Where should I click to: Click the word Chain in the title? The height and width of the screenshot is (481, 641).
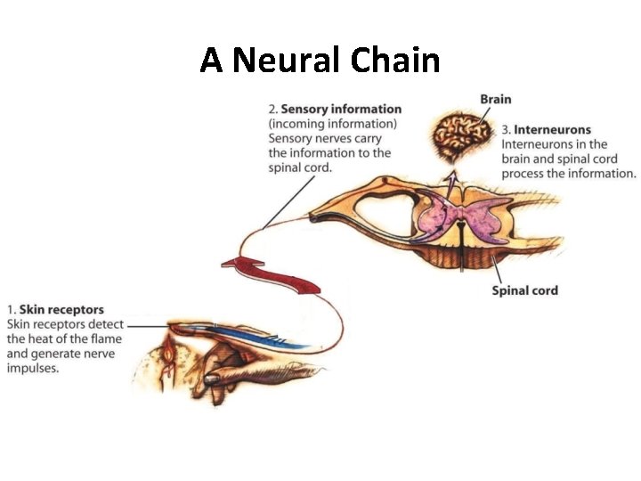[x=395, y=61]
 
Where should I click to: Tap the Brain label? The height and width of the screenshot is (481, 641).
[x=495, y=100]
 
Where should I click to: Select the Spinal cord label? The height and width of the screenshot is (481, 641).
[x=525, y=290]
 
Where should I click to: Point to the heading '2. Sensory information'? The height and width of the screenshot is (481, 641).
[x=335, y=110]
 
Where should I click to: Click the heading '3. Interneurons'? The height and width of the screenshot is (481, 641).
[x=546, y=130]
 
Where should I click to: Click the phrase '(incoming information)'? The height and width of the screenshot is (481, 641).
[x=333, y=124]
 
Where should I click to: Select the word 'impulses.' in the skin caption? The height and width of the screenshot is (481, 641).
[x=32, y=367]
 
